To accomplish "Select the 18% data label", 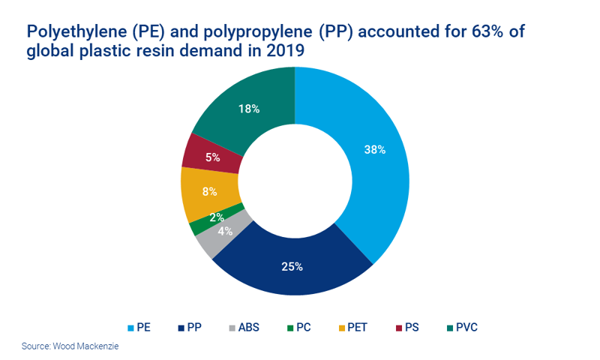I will (249, 109).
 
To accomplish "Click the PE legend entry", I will (143, 328).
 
